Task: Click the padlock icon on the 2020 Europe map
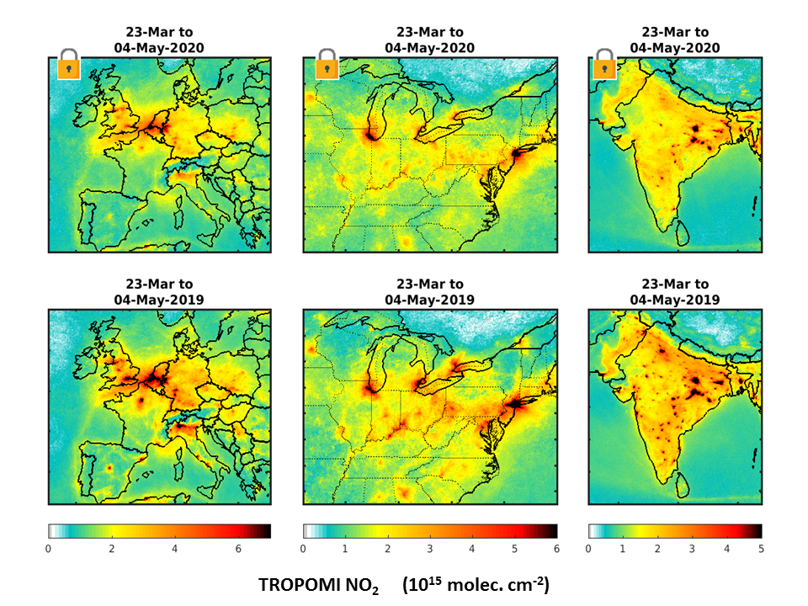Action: point(68,65)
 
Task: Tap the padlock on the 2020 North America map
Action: point(327,65)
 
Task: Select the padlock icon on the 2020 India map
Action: point(604,65)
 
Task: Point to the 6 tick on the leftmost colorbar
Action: point(238,549)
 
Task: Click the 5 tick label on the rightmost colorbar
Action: point(761,549)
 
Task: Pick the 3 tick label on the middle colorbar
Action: point(430,549)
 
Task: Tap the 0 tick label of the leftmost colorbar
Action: point(49,549)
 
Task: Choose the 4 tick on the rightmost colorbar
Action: point(726,549)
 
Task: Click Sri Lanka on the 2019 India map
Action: point(683,485)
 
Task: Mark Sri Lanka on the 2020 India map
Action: point(683,232)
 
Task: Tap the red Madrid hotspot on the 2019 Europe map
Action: point(109,468)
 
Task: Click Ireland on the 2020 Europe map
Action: point(82,109)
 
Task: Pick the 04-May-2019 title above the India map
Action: point(675,300)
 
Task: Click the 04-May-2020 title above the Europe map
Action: point(159,48)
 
